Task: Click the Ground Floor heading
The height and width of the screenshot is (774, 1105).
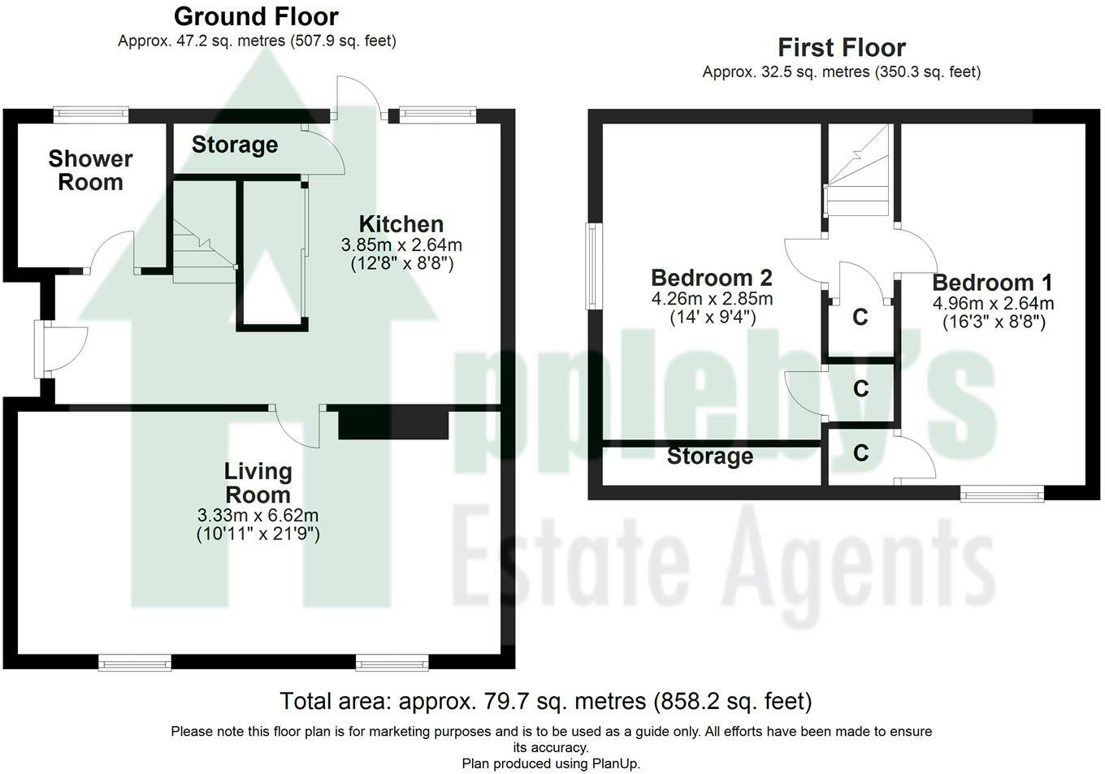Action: tap(256, 17)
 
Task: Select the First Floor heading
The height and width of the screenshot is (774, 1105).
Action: tap(842, 48)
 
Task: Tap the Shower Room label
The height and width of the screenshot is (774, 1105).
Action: tap(90, 170)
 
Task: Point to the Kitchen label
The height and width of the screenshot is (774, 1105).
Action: tap(401, 224)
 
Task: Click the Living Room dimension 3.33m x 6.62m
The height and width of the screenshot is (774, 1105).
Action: tap(258, 515)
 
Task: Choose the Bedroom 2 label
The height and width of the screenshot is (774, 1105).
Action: tap(712, 278)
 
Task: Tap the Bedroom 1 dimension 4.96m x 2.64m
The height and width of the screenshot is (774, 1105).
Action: tap(994, 303)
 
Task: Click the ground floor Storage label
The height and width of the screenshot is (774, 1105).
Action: tap(235, 145)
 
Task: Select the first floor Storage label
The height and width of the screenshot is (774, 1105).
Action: tap(710, 456)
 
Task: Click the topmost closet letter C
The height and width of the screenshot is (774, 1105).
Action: tap(860, 317)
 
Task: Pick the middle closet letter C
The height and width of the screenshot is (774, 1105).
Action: tap(860, 388)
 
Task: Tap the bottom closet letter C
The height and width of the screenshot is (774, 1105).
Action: tap(860, 452)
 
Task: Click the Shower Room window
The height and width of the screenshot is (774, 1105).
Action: tap(91, 115)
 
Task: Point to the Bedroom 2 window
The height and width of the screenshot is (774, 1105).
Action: tap(594, 266)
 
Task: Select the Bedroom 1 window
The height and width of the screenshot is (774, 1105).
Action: tap(1002, 493)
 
